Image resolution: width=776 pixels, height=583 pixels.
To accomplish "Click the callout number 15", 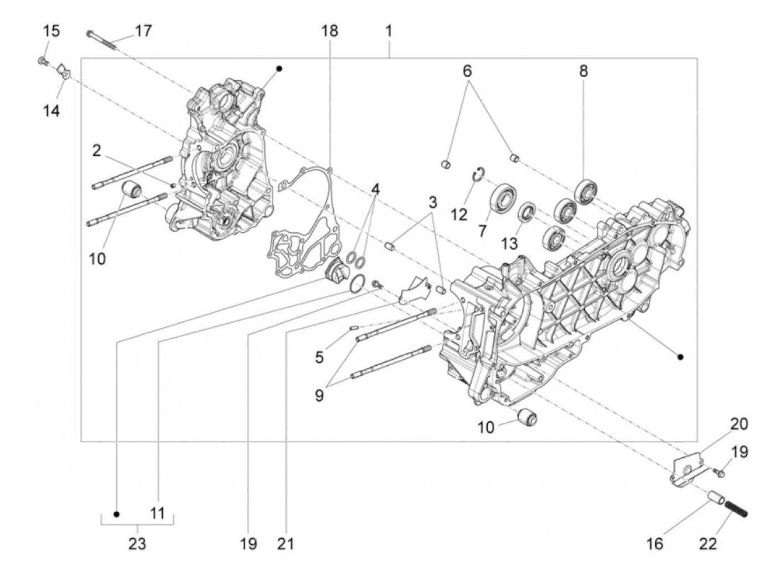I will [x=52, y=30].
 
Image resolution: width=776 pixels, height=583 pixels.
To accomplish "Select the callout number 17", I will [x=143, y=30].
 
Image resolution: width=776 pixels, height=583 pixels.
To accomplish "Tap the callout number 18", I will [x=329, y=30].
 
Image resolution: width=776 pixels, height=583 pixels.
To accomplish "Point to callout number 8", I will [x=584, y=71].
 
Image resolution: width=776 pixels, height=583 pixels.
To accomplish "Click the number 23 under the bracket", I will [x=137, y=544].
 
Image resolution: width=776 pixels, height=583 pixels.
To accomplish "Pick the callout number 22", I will [x=708, y=544].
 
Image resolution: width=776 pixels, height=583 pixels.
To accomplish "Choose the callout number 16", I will [x=655, y=544].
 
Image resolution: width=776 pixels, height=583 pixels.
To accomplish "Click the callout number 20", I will [x=739, y=424].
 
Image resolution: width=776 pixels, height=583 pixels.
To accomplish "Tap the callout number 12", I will [x=459, y=214].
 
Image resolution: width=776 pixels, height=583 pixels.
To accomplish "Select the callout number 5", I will [x=319, y=357].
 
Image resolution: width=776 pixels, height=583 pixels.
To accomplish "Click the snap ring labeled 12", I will [x=478, y=175].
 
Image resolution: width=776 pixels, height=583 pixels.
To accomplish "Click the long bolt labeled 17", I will [x=103, y=40].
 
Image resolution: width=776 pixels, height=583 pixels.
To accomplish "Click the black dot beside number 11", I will [x=116, y=514].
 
